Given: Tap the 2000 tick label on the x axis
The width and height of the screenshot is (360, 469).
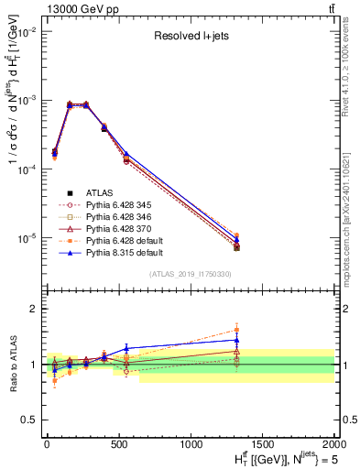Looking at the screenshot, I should point(334,442).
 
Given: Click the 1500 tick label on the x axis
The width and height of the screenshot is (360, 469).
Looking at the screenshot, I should point(263,442).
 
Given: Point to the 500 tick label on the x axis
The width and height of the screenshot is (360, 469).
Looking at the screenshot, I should point(118,442).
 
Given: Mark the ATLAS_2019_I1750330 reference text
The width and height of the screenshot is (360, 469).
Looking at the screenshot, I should point(190,274).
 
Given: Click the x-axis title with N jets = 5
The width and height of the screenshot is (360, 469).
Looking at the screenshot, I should point(276,458).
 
